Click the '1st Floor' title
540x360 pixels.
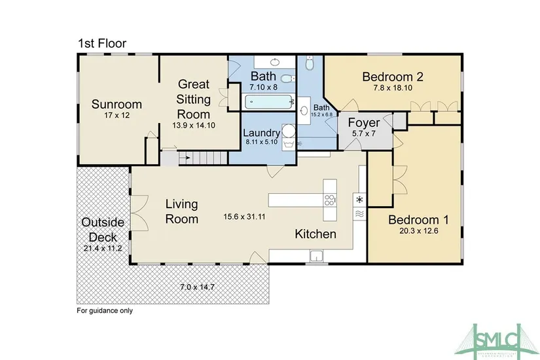coord(102,43)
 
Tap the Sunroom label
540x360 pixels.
coord(117,104)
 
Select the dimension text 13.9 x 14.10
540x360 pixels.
coord(194,126)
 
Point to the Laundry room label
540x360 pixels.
coord(261,133)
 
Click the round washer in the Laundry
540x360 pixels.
coord(289,131)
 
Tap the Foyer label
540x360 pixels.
coord(364,122)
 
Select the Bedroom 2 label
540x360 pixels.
coord(393,77)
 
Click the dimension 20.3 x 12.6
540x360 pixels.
coord(418,231)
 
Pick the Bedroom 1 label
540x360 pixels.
coord(418,220)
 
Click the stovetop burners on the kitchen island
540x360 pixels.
coord(330,200)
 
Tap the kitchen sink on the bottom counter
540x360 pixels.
coord(316,256)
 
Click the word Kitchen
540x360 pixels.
coord(315,234)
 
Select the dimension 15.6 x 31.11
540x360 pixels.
coord(244,217)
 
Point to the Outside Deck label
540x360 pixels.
coord(103,230)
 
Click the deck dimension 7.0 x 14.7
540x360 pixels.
coord(197,287)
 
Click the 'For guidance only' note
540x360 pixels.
coord(105,310)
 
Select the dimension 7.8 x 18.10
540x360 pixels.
coord(393,88)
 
